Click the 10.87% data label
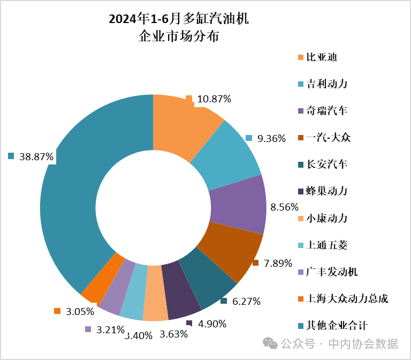[214, 99]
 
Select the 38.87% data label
[36, 157]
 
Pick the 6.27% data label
[246, 302]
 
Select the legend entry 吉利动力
[326, 84]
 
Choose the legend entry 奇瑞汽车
[326, 111]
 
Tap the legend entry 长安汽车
[326, 164]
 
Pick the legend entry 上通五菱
[326, 245]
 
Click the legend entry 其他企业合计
[337, 326]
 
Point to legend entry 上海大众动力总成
[346, 299]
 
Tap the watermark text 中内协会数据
[363, 343]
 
